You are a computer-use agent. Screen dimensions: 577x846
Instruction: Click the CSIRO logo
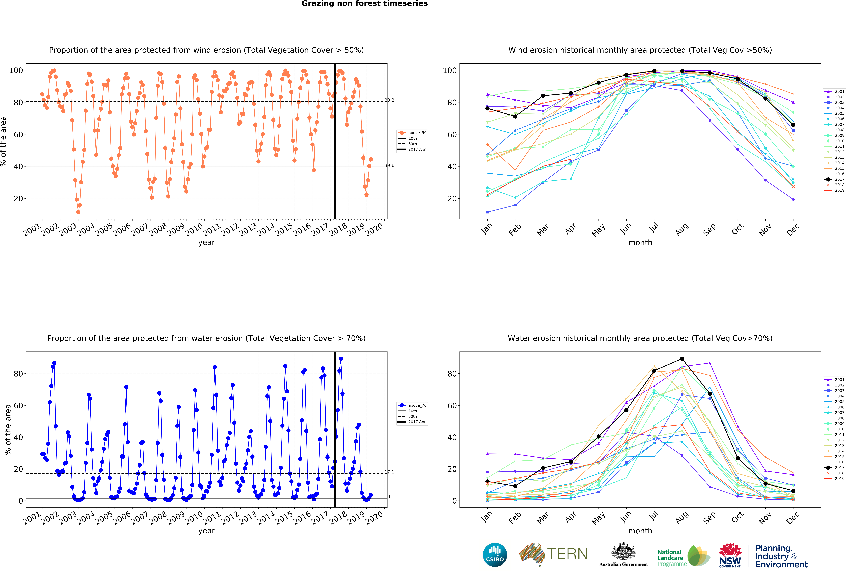click(x=495, y=555)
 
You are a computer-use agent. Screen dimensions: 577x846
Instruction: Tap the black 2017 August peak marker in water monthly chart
click(x=682, y=359)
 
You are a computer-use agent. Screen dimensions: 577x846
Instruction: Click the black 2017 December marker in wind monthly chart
click(x=793, y=125)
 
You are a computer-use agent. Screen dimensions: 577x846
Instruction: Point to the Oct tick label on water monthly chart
click(x=737, y=517)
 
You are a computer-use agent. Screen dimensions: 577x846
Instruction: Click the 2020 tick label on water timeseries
click(x=374, y=518)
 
